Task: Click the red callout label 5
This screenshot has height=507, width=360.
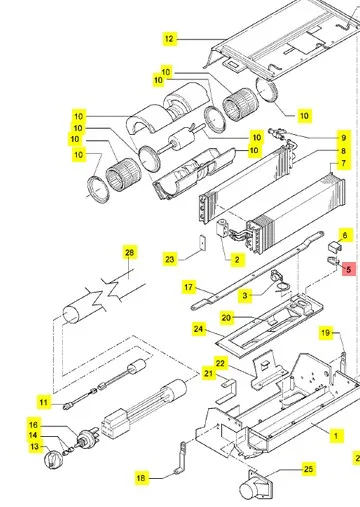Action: pyautogui.click(x=349, y=269)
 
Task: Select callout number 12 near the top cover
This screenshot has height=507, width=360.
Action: pyautogui.click(x=169, y=39)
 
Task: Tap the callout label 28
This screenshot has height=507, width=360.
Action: pyautogui.click(x=129, y=252)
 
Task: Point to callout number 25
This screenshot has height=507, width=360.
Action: pyautogui.click(x=308, y=469)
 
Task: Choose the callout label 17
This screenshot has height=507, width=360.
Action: pyautogui.click(x=189, y=287)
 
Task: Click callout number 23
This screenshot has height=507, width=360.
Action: pyautogui.click(x=170, y=259)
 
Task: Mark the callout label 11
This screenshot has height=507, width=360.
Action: pyautogui.click(x=44, y=402)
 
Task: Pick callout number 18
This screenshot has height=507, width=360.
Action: pyautogui.click(x=141, y=478)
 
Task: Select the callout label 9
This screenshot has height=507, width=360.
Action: pyautogui.click(x=344, y=138)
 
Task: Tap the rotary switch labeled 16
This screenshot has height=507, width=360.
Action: pyautogui.click(x=88, y=440)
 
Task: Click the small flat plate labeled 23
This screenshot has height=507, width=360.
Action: pyautogui.click(x=202, y=242)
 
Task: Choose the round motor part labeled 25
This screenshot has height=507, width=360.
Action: pyautogui.click(x=255, y=487)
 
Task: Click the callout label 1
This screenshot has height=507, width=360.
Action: pyautogui.click(x=336, y=435)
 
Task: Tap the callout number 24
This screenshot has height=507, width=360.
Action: pyautogui.click(x=198, y=329)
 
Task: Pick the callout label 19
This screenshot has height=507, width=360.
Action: pyautogui.click(x=326, y=332)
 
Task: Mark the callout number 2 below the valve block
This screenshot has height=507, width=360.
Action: pyautogui.click(x=237, y=260)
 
